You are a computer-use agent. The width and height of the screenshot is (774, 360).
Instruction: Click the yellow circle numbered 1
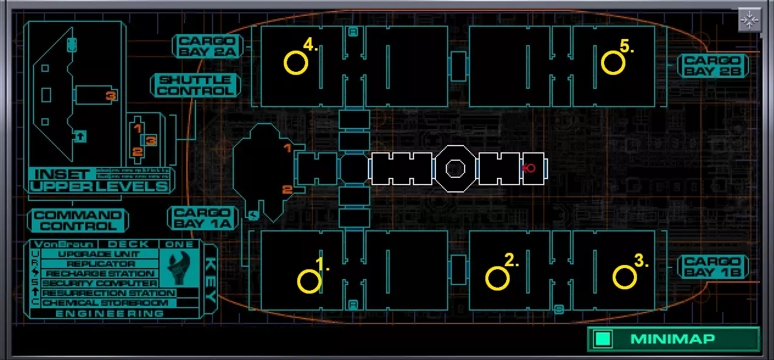[x=309, y=281]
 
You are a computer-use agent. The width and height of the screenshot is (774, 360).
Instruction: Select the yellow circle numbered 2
[x=498, y=278]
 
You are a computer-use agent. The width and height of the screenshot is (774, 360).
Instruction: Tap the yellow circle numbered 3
[x=624, y=278]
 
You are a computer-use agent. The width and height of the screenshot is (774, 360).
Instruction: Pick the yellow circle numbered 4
[x=296, y=63]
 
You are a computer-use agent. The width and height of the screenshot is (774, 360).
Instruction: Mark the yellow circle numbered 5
[x=613, y=63]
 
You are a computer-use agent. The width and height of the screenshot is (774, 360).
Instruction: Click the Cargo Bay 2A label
[x=207, y=47]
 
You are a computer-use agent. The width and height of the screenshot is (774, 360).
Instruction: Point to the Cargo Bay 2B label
[x=712, y=65]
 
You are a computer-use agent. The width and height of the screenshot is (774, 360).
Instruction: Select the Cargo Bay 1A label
[x=202, y=217]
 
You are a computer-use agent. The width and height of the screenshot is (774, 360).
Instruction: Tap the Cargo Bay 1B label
[x=712, y=267]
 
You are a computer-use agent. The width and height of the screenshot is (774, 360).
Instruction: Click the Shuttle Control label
[x=195, y=85]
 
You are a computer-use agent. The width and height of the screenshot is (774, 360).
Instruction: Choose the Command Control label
[x=77, y=221]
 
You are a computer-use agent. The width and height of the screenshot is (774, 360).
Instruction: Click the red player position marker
[x=530, y=168]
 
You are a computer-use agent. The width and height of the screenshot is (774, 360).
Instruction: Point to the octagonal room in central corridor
[x=456, y=168]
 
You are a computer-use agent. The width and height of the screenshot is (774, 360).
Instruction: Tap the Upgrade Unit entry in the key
[x=99, y=254]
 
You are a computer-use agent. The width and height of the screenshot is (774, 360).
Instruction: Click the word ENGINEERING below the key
[x=110, y=313]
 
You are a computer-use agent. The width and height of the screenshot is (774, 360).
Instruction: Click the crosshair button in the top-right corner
[x=749, y=20]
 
